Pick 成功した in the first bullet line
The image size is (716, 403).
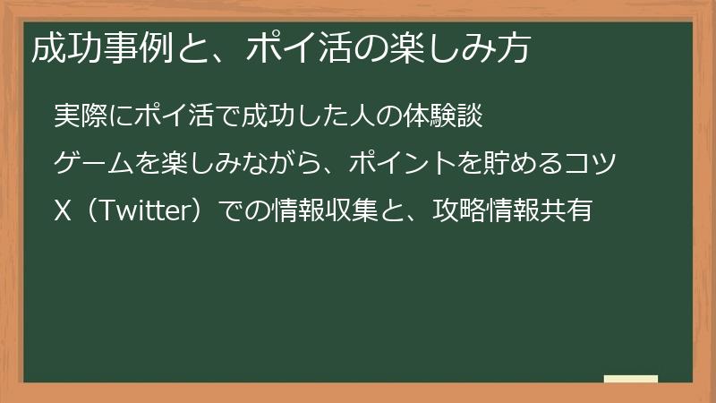pyautogui.click(x=283, y=117)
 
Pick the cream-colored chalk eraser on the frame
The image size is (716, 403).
pyautogui.click(x=630, y=379)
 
